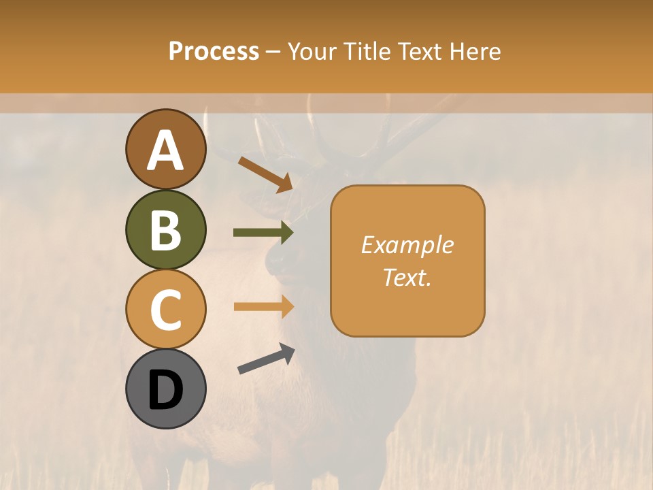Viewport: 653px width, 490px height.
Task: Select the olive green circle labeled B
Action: coord(166,229)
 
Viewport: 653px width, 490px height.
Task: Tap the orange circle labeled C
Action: coord(166,310)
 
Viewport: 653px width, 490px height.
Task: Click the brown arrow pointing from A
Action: coord(265,174)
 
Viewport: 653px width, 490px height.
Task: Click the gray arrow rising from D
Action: coord(266,359)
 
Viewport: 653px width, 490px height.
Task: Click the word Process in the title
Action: coord(214,52)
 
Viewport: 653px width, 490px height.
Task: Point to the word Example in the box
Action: coord(407,245)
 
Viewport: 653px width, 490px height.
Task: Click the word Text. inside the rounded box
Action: coord(407,277)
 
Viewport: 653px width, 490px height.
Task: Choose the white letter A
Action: coord(166,150)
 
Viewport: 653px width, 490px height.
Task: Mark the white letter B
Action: coord(166,229)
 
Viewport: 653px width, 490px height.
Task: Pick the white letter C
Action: coord(166,310)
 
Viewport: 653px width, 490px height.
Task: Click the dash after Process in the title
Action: coord(273,52)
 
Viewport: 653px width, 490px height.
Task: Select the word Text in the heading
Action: coord(420,52)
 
